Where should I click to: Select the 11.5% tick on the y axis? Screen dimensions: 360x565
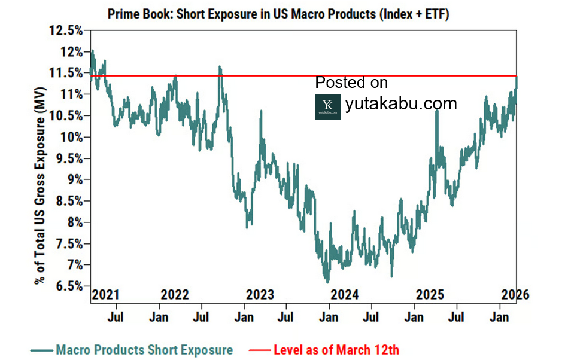[67, 73]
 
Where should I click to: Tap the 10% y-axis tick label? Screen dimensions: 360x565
[71, 137]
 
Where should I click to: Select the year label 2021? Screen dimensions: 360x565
[106, 295]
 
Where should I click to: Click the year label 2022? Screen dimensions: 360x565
[175, 295]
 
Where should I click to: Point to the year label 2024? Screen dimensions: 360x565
[345, 295]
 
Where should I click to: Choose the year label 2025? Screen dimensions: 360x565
[430, 295]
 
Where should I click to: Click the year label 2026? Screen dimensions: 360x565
[514, 295]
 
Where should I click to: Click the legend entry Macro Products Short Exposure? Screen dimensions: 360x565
[144, 350]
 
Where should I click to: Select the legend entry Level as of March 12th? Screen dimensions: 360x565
[336, 350]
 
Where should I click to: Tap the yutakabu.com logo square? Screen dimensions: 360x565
[327, 106]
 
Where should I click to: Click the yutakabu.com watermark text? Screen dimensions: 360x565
[401, 103]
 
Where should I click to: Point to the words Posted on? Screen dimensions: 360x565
[351, 83]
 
